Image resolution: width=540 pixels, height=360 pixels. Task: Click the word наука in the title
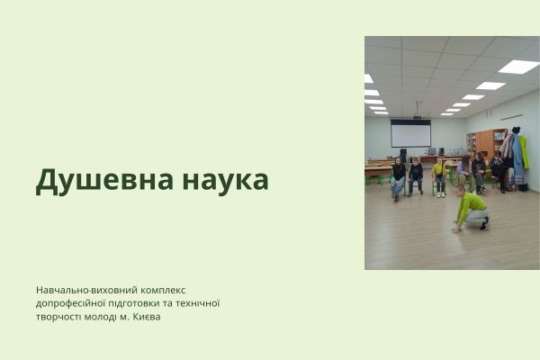(220, 180)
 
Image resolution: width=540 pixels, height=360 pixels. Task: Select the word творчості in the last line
(59, 317)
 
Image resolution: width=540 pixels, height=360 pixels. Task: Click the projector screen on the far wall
(409, 134)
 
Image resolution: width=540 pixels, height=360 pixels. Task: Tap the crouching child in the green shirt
(469, 208)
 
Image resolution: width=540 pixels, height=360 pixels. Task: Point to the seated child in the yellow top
(439, 174)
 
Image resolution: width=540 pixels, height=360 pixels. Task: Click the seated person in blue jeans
(398, 176)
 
